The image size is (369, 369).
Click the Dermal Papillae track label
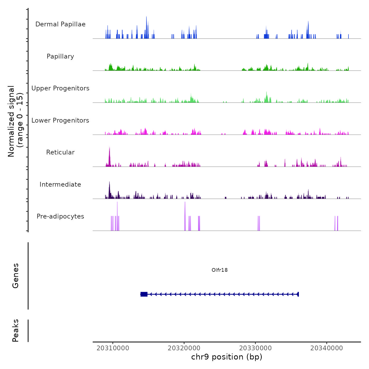point(60,24)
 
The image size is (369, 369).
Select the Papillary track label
point(60,56)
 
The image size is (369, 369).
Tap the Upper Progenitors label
point(60,88)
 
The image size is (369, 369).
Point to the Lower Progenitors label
point(60,120)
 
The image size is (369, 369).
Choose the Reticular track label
point(60,152)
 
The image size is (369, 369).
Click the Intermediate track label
point(60,184)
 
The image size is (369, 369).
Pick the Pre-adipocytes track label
point(60,216)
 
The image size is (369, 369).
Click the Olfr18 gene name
point(220,270)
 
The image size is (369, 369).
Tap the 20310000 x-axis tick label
point(113,348)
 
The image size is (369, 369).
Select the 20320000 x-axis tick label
point(184,348)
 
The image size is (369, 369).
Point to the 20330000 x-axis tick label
point(255,348)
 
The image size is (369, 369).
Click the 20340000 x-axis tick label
point(327,348)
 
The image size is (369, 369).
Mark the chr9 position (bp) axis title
point(227,357)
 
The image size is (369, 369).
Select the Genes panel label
point(16,276)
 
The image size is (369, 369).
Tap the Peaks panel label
point(16,331)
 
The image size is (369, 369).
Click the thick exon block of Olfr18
point(144,294)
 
